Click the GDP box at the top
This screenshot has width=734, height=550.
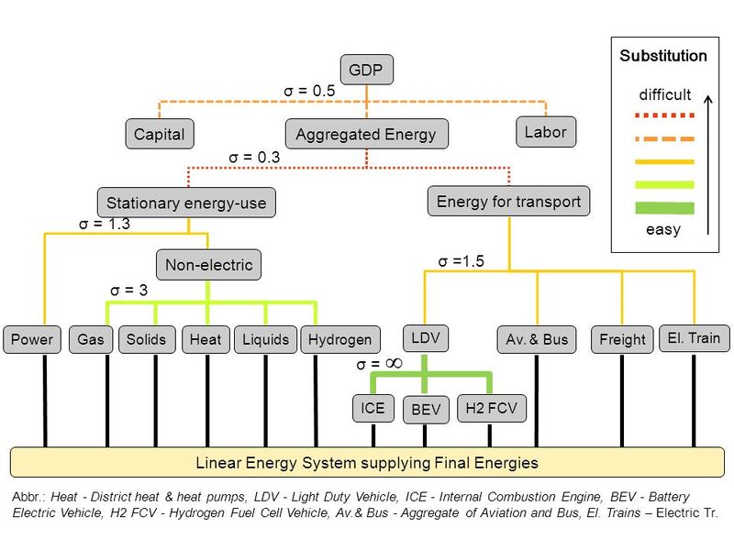pos(366,70)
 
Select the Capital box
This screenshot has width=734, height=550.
pos(159,135)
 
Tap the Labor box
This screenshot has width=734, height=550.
pos(545,132)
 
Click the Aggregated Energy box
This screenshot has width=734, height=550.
pos(366,135)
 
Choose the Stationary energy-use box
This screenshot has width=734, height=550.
pos(186,203)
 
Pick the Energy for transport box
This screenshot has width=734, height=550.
pos(508,201)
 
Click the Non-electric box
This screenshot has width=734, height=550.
pos(208,266)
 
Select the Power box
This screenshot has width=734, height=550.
pos(32,339)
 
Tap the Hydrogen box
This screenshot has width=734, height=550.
pos(339,339)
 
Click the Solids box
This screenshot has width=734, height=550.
pos(147,339)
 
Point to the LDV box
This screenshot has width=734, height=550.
pos(426,337)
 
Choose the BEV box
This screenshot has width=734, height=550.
pos(426,410)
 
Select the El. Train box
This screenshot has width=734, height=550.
pos(692,338)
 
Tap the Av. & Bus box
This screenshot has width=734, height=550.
pos(537,339)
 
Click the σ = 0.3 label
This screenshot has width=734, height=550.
pos(254,158)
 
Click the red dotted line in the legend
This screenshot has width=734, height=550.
pos(659,117)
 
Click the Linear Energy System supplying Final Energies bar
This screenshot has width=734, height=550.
pos(366,462)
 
